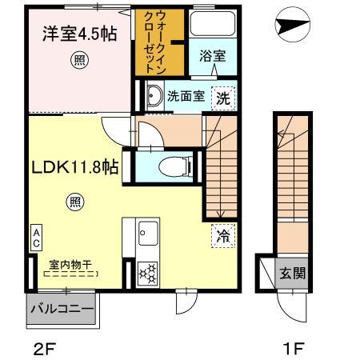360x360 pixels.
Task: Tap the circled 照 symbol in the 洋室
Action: (x=78, y=59)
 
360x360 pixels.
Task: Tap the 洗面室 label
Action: (x=183, y=97)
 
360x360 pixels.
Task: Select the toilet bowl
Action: (x=169, y=167)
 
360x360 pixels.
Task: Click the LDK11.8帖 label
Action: (x=76, y=167)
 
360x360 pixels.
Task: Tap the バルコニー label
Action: (x=62, y=307)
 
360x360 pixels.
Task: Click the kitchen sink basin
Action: (x=148, y=234)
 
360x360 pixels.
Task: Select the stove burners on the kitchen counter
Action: (x=148, y=273)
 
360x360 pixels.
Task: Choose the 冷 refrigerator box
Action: (x=224, y=236)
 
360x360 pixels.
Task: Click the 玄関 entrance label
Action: (x=290, y=274)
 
